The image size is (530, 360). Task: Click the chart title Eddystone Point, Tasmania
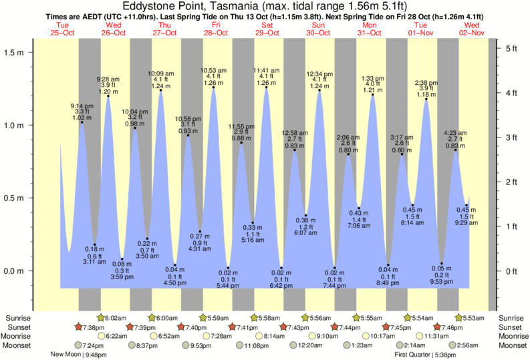tap(265, 6)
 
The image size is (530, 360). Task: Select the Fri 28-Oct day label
tap(216, 29)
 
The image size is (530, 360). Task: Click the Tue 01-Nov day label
tap(422, 29)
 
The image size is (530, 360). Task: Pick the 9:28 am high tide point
tap(108, 96)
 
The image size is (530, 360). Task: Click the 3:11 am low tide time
tap(94, 262)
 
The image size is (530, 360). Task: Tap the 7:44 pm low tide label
tap(334, 286)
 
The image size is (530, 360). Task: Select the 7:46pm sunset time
tap(451, 327)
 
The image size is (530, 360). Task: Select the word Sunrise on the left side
tap(19, 318)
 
